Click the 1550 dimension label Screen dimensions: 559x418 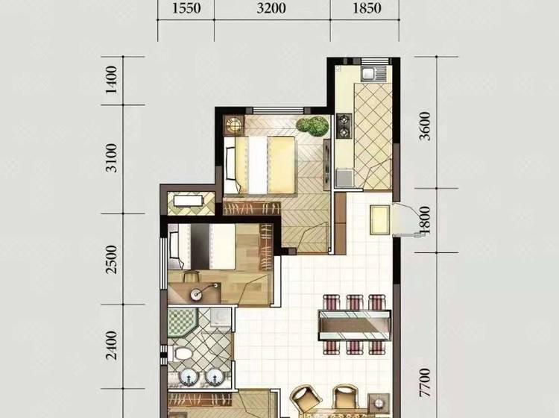click(186, 8)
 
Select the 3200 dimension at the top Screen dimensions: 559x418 click(271, 8)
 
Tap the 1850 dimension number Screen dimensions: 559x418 click(367, 8)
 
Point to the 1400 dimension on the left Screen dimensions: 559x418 click(111, 80)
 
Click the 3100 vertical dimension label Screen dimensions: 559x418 click(112, 158)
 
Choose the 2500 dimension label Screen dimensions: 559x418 click(112, 260)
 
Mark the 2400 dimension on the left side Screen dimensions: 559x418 click(112, 346)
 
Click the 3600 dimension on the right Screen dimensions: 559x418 click(425, 126)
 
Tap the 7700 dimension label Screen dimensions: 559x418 click(425, 384)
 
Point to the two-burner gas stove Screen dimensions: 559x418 click(344, 125)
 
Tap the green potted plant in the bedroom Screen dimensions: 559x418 click(312, 126)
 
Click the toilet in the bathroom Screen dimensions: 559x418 click(181, 354)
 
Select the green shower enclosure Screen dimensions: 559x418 click(183, 323)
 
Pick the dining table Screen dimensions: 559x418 click(354, 325)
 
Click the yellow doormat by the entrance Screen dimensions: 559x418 click(380, 220)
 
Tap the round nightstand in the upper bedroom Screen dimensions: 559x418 click(233, 125)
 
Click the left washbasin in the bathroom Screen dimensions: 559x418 click(188, 377)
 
